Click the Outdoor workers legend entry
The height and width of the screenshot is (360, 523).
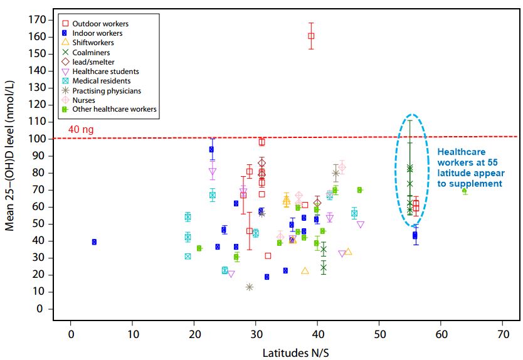100,24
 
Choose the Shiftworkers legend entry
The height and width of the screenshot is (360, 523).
93,43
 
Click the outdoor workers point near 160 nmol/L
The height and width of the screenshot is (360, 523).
311,36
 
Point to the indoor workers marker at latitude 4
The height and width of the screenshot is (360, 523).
94,242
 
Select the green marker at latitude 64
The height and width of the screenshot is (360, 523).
464,191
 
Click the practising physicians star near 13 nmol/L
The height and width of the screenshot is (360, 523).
249,287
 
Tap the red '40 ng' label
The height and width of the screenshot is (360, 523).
80,130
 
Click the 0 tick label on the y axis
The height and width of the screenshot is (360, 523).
40,309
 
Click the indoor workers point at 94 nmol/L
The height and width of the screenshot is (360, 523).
212,149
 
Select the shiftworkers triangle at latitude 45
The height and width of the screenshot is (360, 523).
348,251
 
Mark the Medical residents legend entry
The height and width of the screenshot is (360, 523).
102,81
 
